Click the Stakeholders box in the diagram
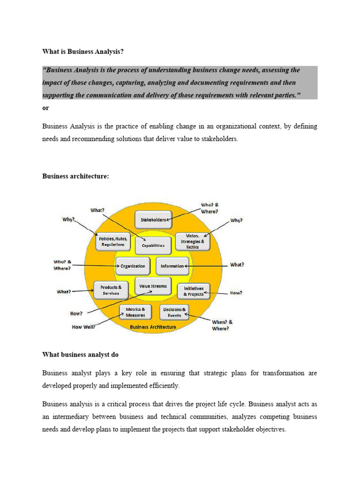(152, 219)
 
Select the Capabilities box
(153, 245)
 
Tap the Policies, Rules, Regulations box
(111, 241)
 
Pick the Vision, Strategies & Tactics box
(192, 241)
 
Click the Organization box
(133, 266)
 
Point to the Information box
(172, 266)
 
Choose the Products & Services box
(111, 290)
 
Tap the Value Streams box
(153, 286)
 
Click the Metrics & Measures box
(135, 312)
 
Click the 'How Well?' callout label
(83, 327)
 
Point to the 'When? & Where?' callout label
(222, 325)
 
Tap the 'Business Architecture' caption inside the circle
(153, 327)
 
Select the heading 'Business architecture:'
(75, 176)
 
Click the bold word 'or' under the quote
(45, 108)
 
